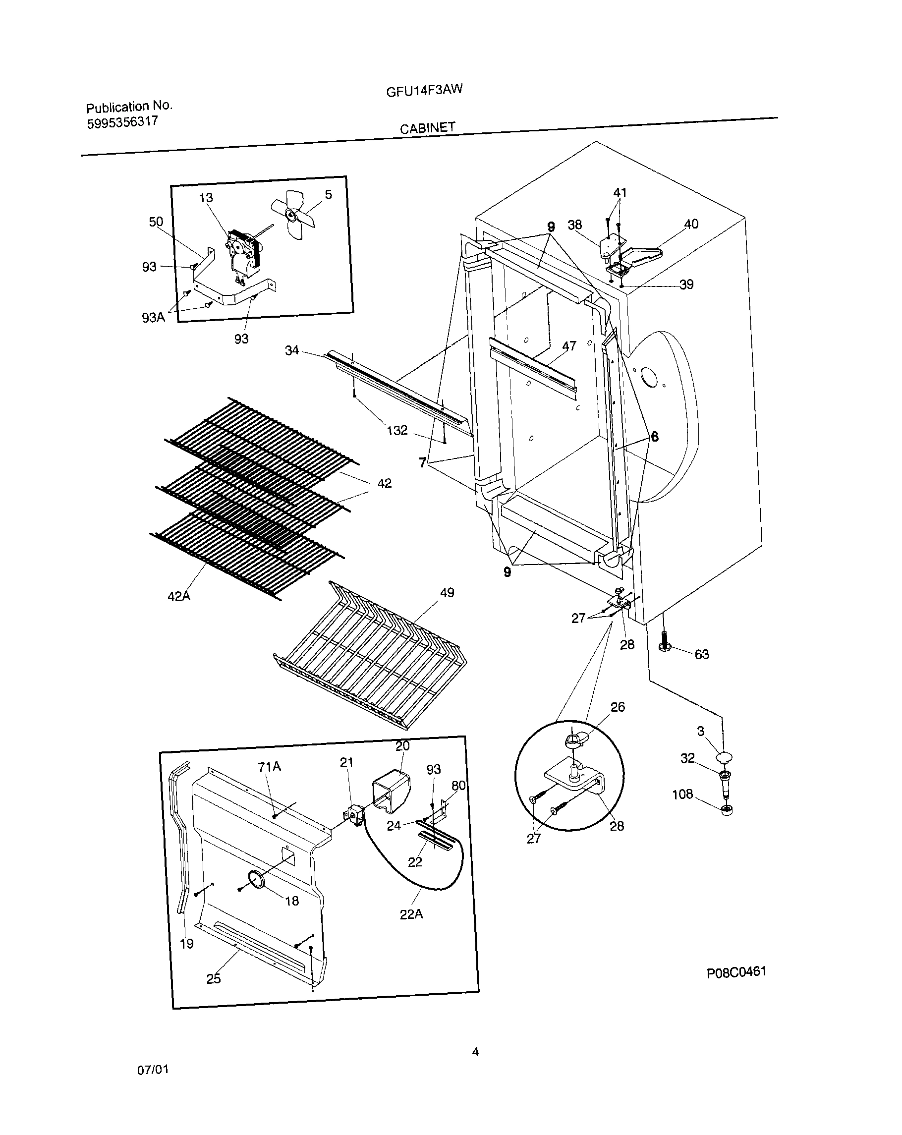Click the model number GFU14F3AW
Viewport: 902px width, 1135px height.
tap(424, 91)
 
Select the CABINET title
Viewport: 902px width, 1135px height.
tap(427, 128)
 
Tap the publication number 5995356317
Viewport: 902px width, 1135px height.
tap(122, 122)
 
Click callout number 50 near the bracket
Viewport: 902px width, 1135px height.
tap(156, 222)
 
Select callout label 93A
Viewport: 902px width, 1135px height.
tap(153, 317)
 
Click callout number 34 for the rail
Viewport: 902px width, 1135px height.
tap(291, 350)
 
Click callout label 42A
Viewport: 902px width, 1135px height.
tap(178, 596)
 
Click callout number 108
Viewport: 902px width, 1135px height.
tap(682, 794)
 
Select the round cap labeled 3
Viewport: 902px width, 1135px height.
tap(725, 758)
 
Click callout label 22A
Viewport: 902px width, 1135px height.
tap(411, 914)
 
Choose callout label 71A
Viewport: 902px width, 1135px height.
tap(269, 767)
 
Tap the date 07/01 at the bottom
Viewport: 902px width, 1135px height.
tap(153, 1070)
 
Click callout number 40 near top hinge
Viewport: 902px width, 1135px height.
tap(690, 224)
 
